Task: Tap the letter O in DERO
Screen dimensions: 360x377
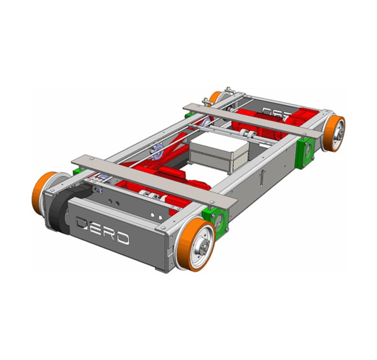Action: click(x=122, y=238)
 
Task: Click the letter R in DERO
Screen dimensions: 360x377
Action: click(x=109, y=233)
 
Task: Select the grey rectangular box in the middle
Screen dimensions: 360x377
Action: click(x=218, y=154)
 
